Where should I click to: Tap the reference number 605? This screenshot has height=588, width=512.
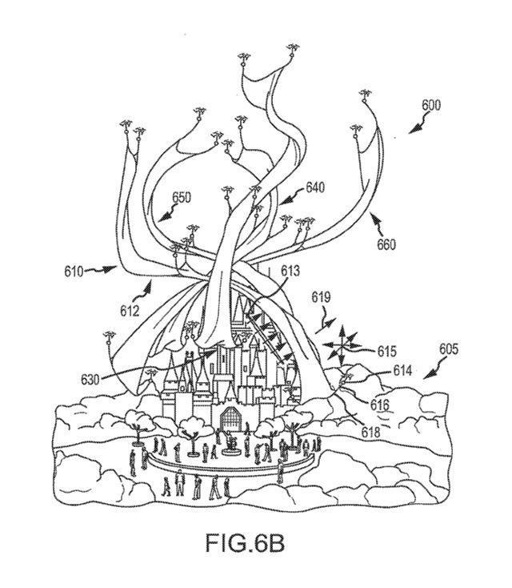(449, 349)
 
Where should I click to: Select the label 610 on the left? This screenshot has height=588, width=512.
(76, 271)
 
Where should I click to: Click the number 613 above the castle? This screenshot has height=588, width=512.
(291, 271)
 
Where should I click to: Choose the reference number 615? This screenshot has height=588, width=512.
(387, 351)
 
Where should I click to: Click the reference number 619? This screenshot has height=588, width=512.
(321, 297)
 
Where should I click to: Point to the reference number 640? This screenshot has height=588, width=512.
(314, 188)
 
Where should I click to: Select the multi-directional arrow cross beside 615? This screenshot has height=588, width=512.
(341, 344)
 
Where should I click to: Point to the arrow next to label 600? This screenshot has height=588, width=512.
(416, 124)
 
